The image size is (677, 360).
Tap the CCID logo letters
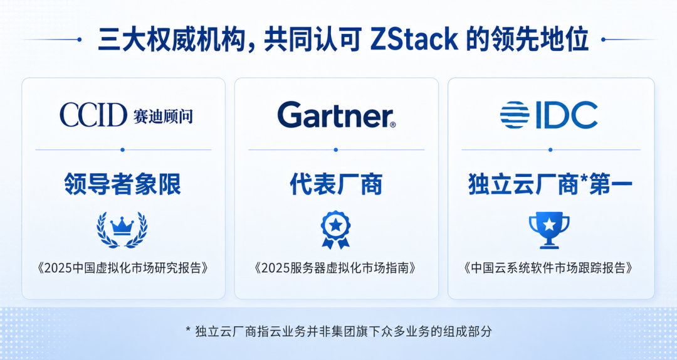point(93,115)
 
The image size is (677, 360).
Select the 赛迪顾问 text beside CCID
point(163,116)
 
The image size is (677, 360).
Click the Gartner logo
point(337,115)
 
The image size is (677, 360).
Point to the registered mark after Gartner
point(392,124)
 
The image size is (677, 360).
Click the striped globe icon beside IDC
point(515,115)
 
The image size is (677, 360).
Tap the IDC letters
point(567,115)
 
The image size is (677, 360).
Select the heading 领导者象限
point(123,184)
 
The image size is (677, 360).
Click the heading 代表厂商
point(336,184)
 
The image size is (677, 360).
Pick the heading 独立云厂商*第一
point(550,184)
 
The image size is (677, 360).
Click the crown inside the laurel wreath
point(122,226)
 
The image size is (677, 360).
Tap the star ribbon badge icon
point(335,230)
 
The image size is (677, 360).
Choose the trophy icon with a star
point(549,230)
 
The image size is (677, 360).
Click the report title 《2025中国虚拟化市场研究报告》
point(123,268)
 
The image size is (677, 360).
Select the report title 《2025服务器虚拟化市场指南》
point(336,268)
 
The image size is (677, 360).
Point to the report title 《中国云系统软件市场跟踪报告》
point(550,268)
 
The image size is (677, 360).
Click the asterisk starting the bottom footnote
point(188,330)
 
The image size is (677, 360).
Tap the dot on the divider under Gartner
point(336,150)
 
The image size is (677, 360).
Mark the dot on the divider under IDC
point(550,150)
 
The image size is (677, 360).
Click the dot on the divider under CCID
point(123,150)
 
